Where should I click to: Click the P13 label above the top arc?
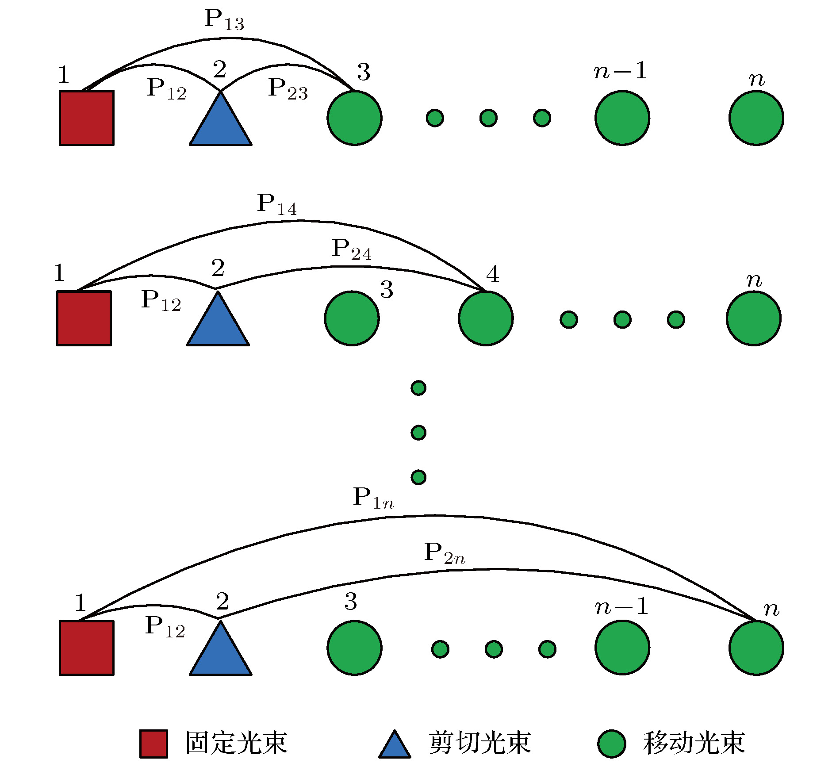point(224,20)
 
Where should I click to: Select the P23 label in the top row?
point(288,89)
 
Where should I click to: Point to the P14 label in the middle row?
point(277,205)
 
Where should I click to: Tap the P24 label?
point(352,250)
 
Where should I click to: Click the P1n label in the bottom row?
point(373,498)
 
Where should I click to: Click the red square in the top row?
point(87,118)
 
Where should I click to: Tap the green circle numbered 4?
point(486,318)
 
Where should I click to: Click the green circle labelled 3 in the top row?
point(354,118)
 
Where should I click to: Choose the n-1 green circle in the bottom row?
point(622,648)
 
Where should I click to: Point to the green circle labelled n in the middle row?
point(753,318)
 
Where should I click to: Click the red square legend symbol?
point(153,744)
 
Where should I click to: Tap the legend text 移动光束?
point(694,743)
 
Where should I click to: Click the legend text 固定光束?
point(237,743)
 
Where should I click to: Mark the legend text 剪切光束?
point(479,743)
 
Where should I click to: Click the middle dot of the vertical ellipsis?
point(418,432)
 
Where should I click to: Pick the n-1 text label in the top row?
point(620,71)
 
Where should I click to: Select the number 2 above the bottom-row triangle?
point(222,601)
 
